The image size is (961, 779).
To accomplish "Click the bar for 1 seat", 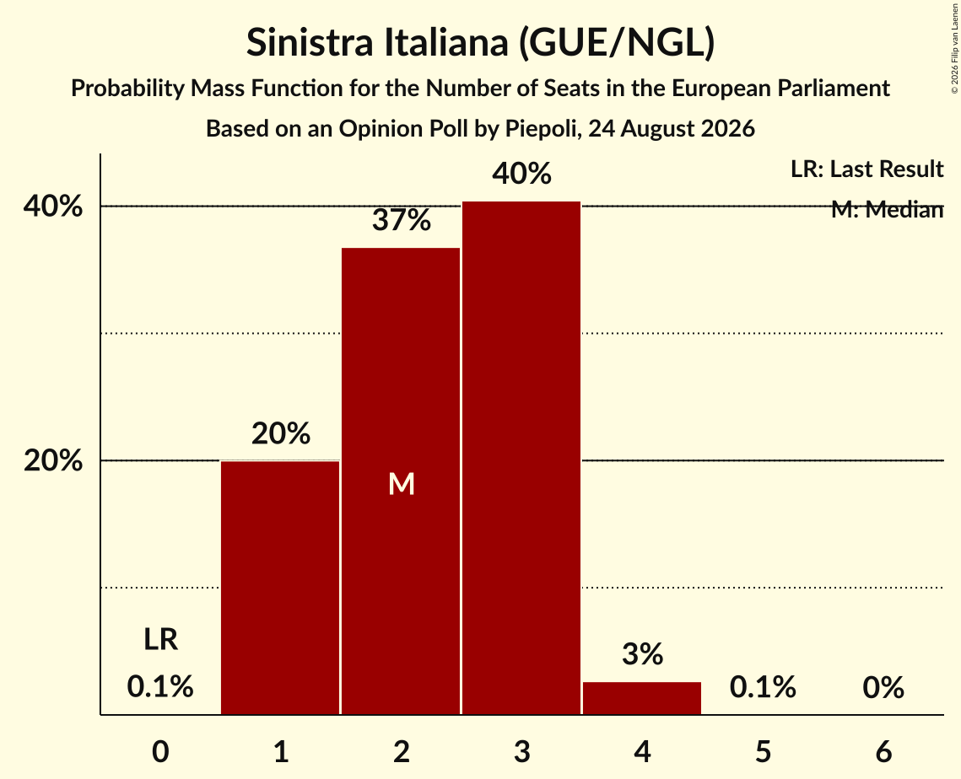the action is pyautogui.click(x=280, y=588).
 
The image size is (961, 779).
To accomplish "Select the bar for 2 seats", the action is pyautogui.click(x=401, y=481).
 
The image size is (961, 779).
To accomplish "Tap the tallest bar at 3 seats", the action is pyautogui.click(x=521, y=458).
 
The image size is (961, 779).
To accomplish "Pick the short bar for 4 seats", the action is pyautogui.click(x=642, y=698).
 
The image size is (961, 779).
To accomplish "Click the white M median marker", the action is pyautogui.click(x=402, y=484).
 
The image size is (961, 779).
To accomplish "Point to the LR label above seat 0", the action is pyautogui.click(x=160, y=639).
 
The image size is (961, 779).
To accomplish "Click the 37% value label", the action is pyautogui.click(x=402, y=220).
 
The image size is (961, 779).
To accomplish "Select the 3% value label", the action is pyautogui.click(x=642, y=654).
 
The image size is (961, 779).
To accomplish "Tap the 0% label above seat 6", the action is pyautogui.click(x=883, y=687).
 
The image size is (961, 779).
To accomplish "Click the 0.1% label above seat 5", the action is pyautogui.click(x=763, y=687).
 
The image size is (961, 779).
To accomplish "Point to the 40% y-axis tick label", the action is pyautogui.click(x=52, y=207).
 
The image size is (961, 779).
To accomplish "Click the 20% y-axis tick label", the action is pyautogui.click(x=52, y=460).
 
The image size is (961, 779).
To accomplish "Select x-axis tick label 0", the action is pyautogui.click(x=160, y=751).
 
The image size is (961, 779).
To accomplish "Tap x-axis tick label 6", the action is pyautogui.click(x=883, y=751).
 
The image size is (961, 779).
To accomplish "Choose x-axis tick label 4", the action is pyautogui.click(x=642, y=751).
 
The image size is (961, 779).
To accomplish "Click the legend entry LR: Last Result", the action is pyautogui.click(x=867, y=169).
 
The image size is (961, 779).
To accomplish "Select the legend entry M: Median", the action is pyautogui.click(x=887, y=209).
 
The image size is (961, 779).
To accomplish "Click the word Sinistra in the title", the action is pyautogui.click(x=310, y=42).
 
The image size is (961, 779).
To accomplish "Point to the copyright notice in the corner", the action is pyautogui.click(x=954, y=48).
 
